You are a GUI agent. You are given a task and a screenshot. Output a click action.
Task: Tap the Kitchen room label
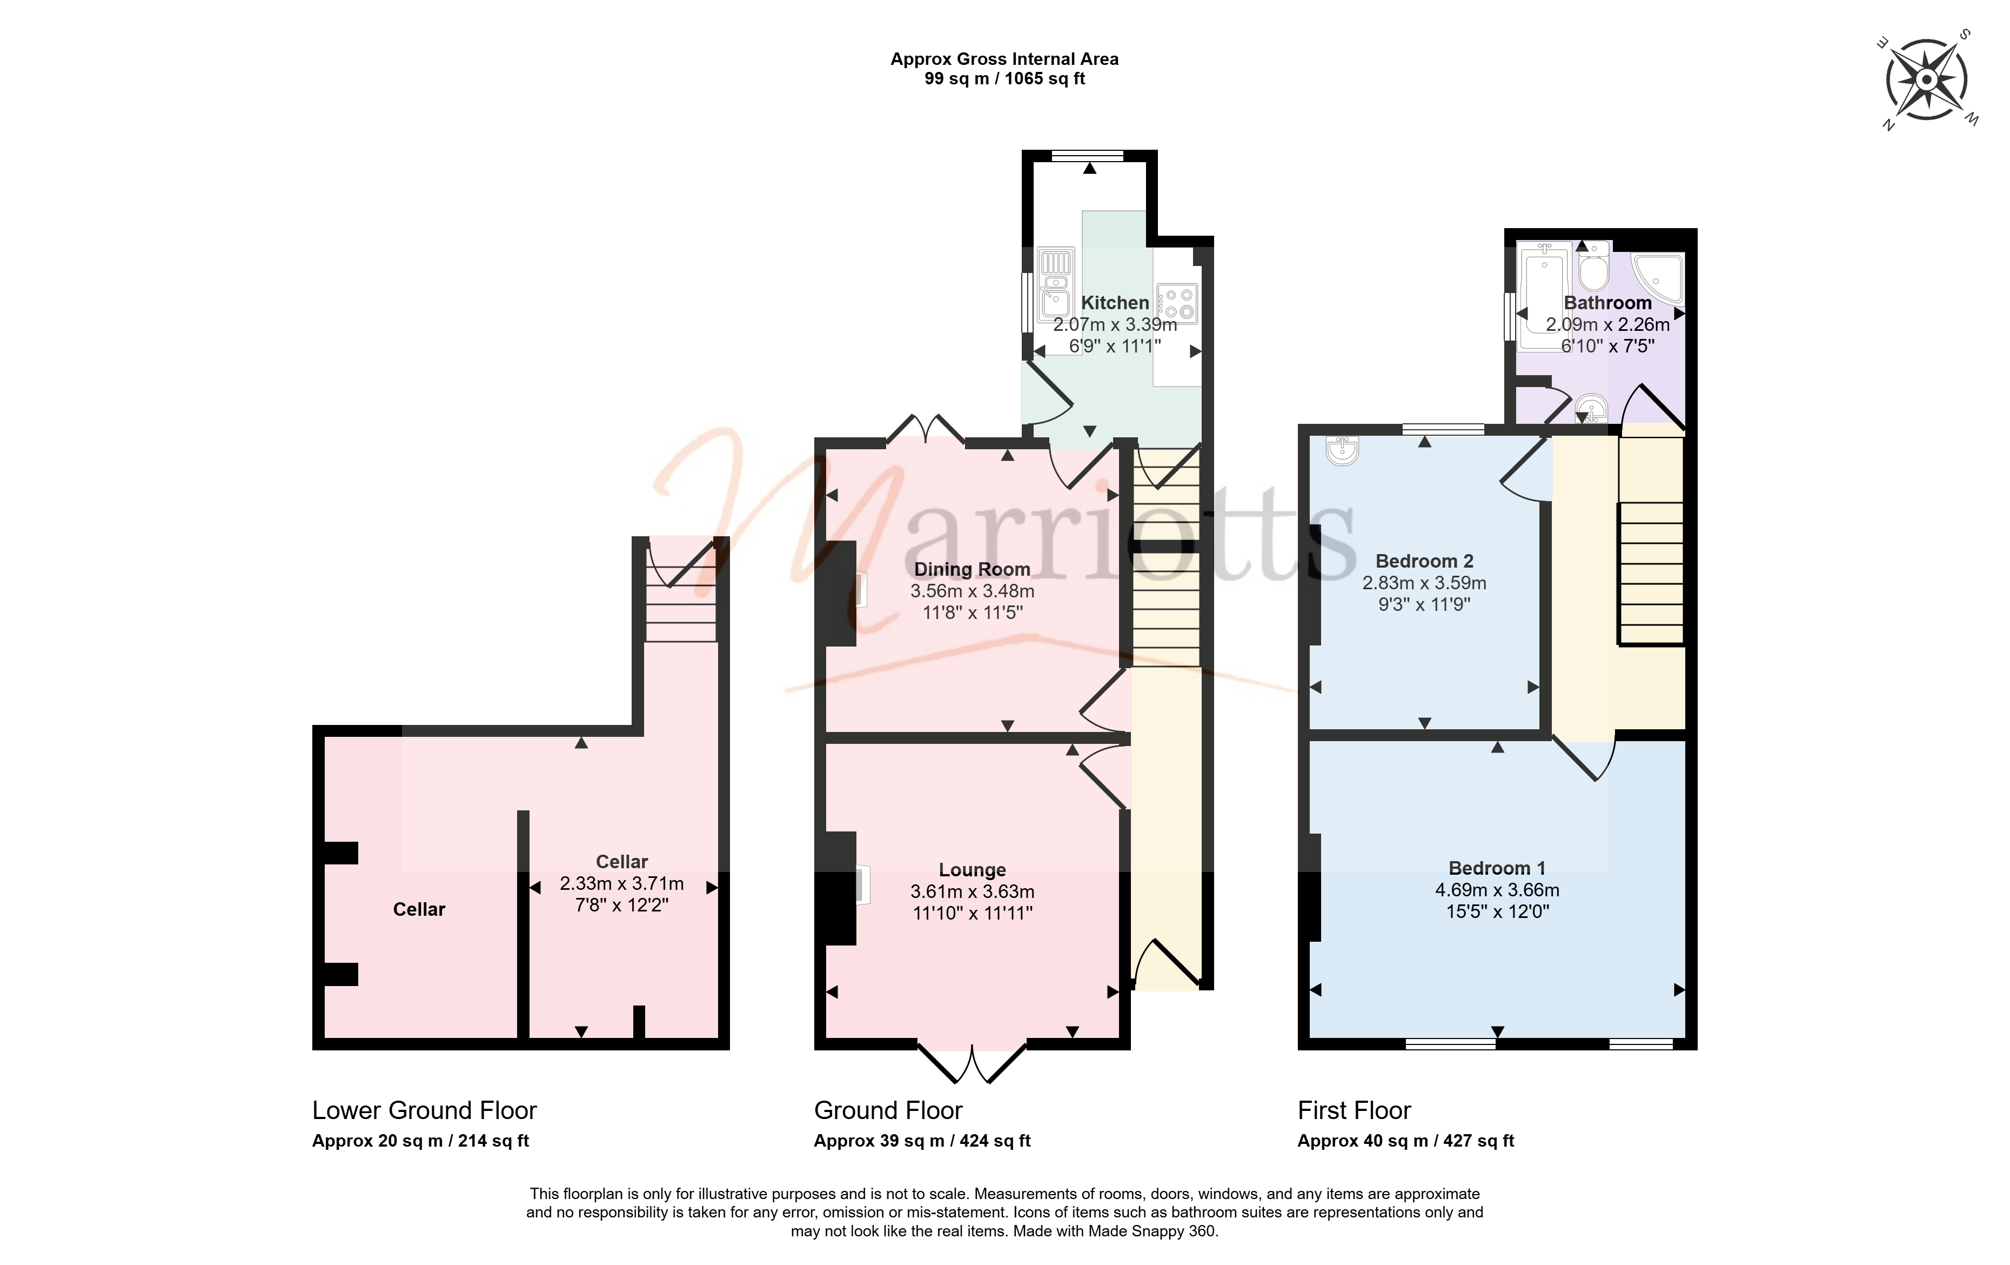(1115, 303)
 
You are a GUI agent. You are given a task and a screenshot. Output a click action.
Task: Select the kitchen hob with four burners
(1177, 303)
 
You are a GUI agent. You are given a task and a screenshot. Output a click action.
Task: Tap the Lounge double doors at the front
(973, 1062)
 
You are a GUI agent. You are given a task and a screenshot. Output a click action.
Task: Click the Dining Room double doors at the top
(926, 428)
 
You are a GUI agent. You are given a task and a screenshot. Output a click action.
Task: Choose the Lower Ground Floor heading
(424, 1110)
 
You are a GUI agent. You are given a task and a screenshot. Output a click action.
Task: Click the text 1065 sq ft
(1045, 79)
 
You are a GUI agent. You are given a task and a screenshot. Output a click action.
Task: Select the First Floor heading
(1354, 1110)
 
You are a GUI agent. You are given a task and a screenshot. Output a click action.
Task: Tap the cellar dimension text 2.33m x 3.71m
(622, 883)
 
